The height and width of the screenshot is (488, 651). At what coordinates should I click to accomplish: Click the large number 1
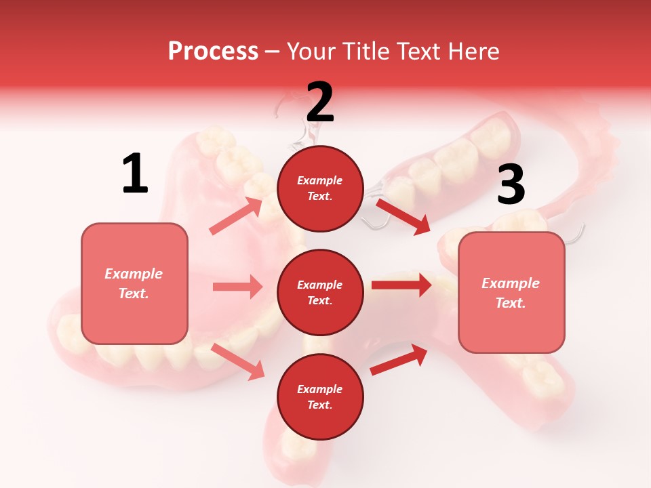135,174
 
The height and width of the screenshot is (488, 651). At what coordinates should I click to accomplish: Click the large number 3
511,185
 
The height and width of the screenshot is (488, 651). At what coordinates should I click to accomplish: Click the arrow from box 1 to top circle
236,216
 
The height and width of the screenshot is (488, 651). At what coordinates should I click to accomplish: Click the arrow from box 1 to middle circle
237,287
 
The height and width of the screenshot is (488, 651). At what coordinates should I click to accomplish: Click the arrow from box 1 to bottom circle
238,361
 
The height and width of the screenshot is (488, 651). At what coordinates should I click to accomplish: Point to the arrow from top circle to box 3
403,216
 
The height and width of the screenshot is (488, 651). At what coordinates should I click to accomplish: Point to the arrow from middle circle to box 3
401,285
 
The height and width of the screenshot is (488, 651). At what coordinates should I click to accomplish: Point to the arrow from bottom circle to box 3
399,359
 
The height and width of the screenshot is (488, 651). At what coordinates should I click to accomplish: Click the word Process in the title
213,51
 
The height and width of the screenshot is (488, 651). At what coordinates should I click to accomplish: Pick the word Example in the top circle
320,181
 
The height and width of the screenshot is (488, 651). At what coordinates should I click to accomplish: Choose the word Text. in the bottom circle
320,405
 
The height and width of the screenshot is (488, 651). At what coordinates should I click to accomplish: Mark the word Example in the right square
511,283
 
